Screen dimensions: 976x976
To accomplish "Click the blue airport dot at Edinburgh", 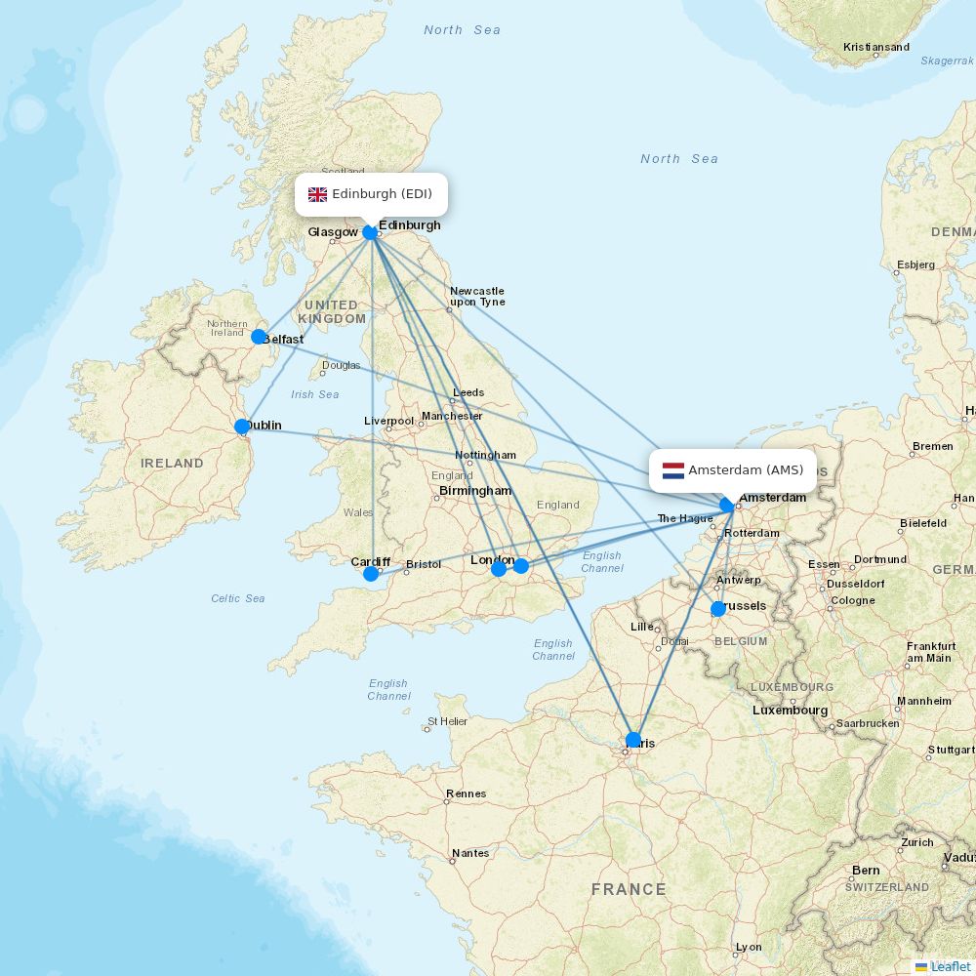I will (x=370, y=232).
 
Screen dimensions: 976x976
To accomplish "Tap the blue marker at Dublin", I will (x=242, y=427).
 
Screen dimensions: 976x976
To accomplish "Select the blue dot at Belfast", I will (x=259, y=337).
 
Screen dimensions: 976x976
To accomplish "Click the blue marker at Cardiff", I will (x=371, y=574).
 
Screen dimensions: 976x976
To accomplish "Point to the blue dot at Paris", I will (x=633, y=740).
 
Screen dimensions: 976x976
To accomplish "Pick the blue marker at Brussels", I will (x=718, y=609).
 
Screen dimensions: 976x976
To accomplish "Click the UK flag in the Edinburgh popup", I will (x=317, y=194).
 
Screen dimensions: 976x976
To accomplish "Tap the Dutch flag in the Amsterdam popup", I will (x=673, y=470).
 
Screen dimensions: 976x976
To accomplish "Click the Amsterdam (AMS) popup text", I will (x=746, y=470).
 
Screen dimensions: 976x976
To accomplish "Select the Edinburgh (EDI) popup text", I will (x=382, y=194).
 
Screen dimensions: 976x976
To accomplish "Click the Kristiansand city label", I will (x=875, y=47).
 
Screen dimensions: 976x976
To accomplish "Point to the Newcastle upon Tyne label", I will (x=477, y=296).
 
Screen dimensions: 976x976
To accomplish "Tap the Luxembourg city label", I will (x=790, y=711).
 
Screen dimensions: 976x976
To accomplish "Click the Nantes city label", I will (x=470, y=853).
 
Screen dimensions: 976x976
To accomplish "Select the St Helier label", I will (x=447, y=722).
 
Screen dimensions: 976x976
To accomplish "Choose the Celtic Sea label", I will (x=237, y=598).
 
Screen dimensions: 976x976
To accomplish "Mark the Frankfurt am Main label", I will (x=930, y=652).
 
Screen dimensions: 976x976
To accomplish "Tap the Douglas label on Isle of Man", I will (x=341, y=366).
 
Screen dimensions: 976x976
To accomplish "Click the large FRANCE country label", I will (x=628, y=889).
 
